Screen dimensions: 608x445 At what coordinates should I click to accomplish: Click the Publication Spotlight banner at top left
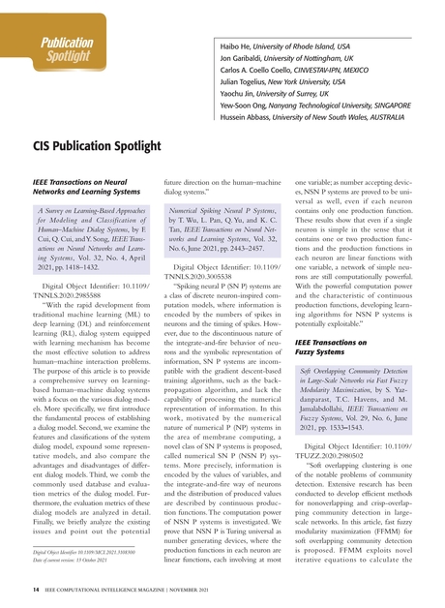(65, 50)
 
